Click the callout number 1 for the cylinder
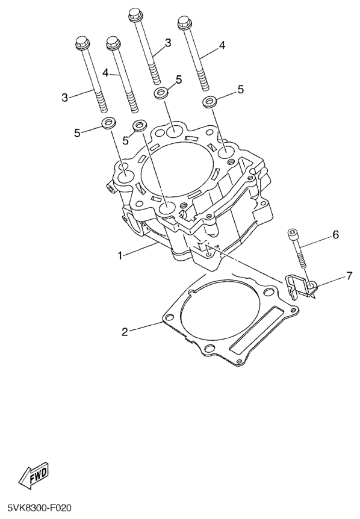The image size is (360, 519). pos(121,255)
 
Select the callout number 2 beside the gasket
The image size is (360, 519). pos(125,332)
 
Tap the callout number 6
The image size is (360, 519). pos(335,235)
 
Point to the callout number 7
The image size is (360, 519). pos(349,276)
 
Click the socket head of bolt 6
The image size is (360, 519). pos(291,234)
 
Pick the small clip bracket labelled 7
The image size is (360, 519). pos(300,285)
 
